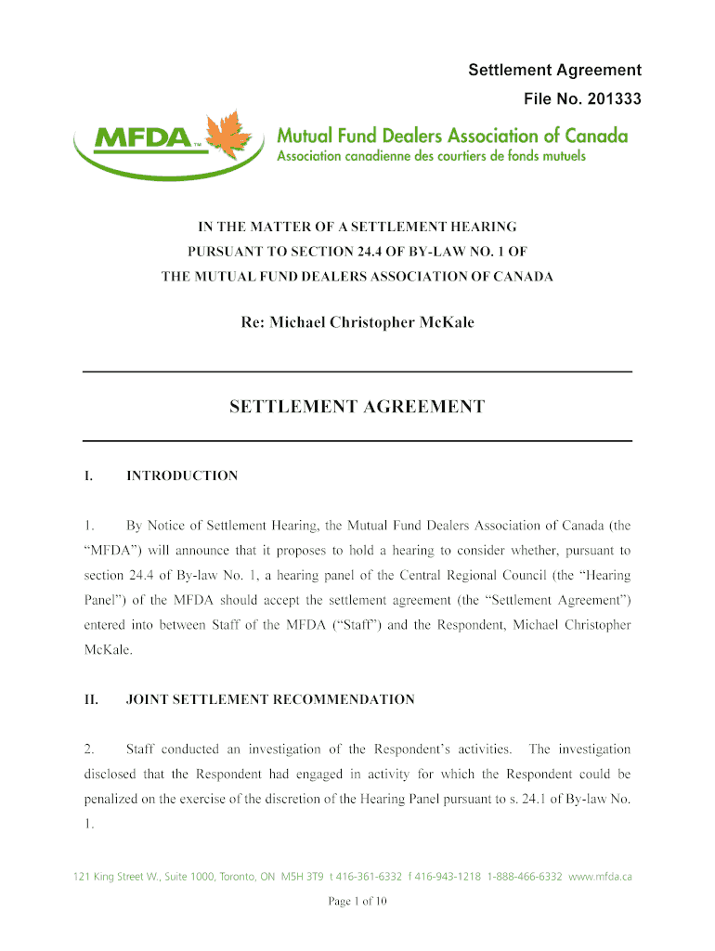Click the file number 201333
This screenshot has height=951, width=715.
click(609, 98)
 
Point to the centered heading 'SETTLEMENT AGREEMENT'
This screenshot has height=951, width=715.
click(357, 407)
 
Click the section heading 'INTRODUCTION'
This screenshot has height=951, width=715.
click(182, 476)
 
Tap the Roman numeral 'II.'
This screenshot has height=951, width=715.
click(91, 699)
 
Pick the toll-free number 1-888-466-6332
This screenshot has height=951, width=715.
click(525, 877)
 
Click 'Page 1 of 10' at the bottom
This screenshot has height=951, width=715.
click(357, 901)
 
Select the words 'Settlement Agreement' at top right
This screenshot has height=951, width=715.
click(554, 71)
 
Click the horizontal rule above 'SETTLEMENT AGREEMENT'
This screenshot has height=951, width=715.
click(357, 371)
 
